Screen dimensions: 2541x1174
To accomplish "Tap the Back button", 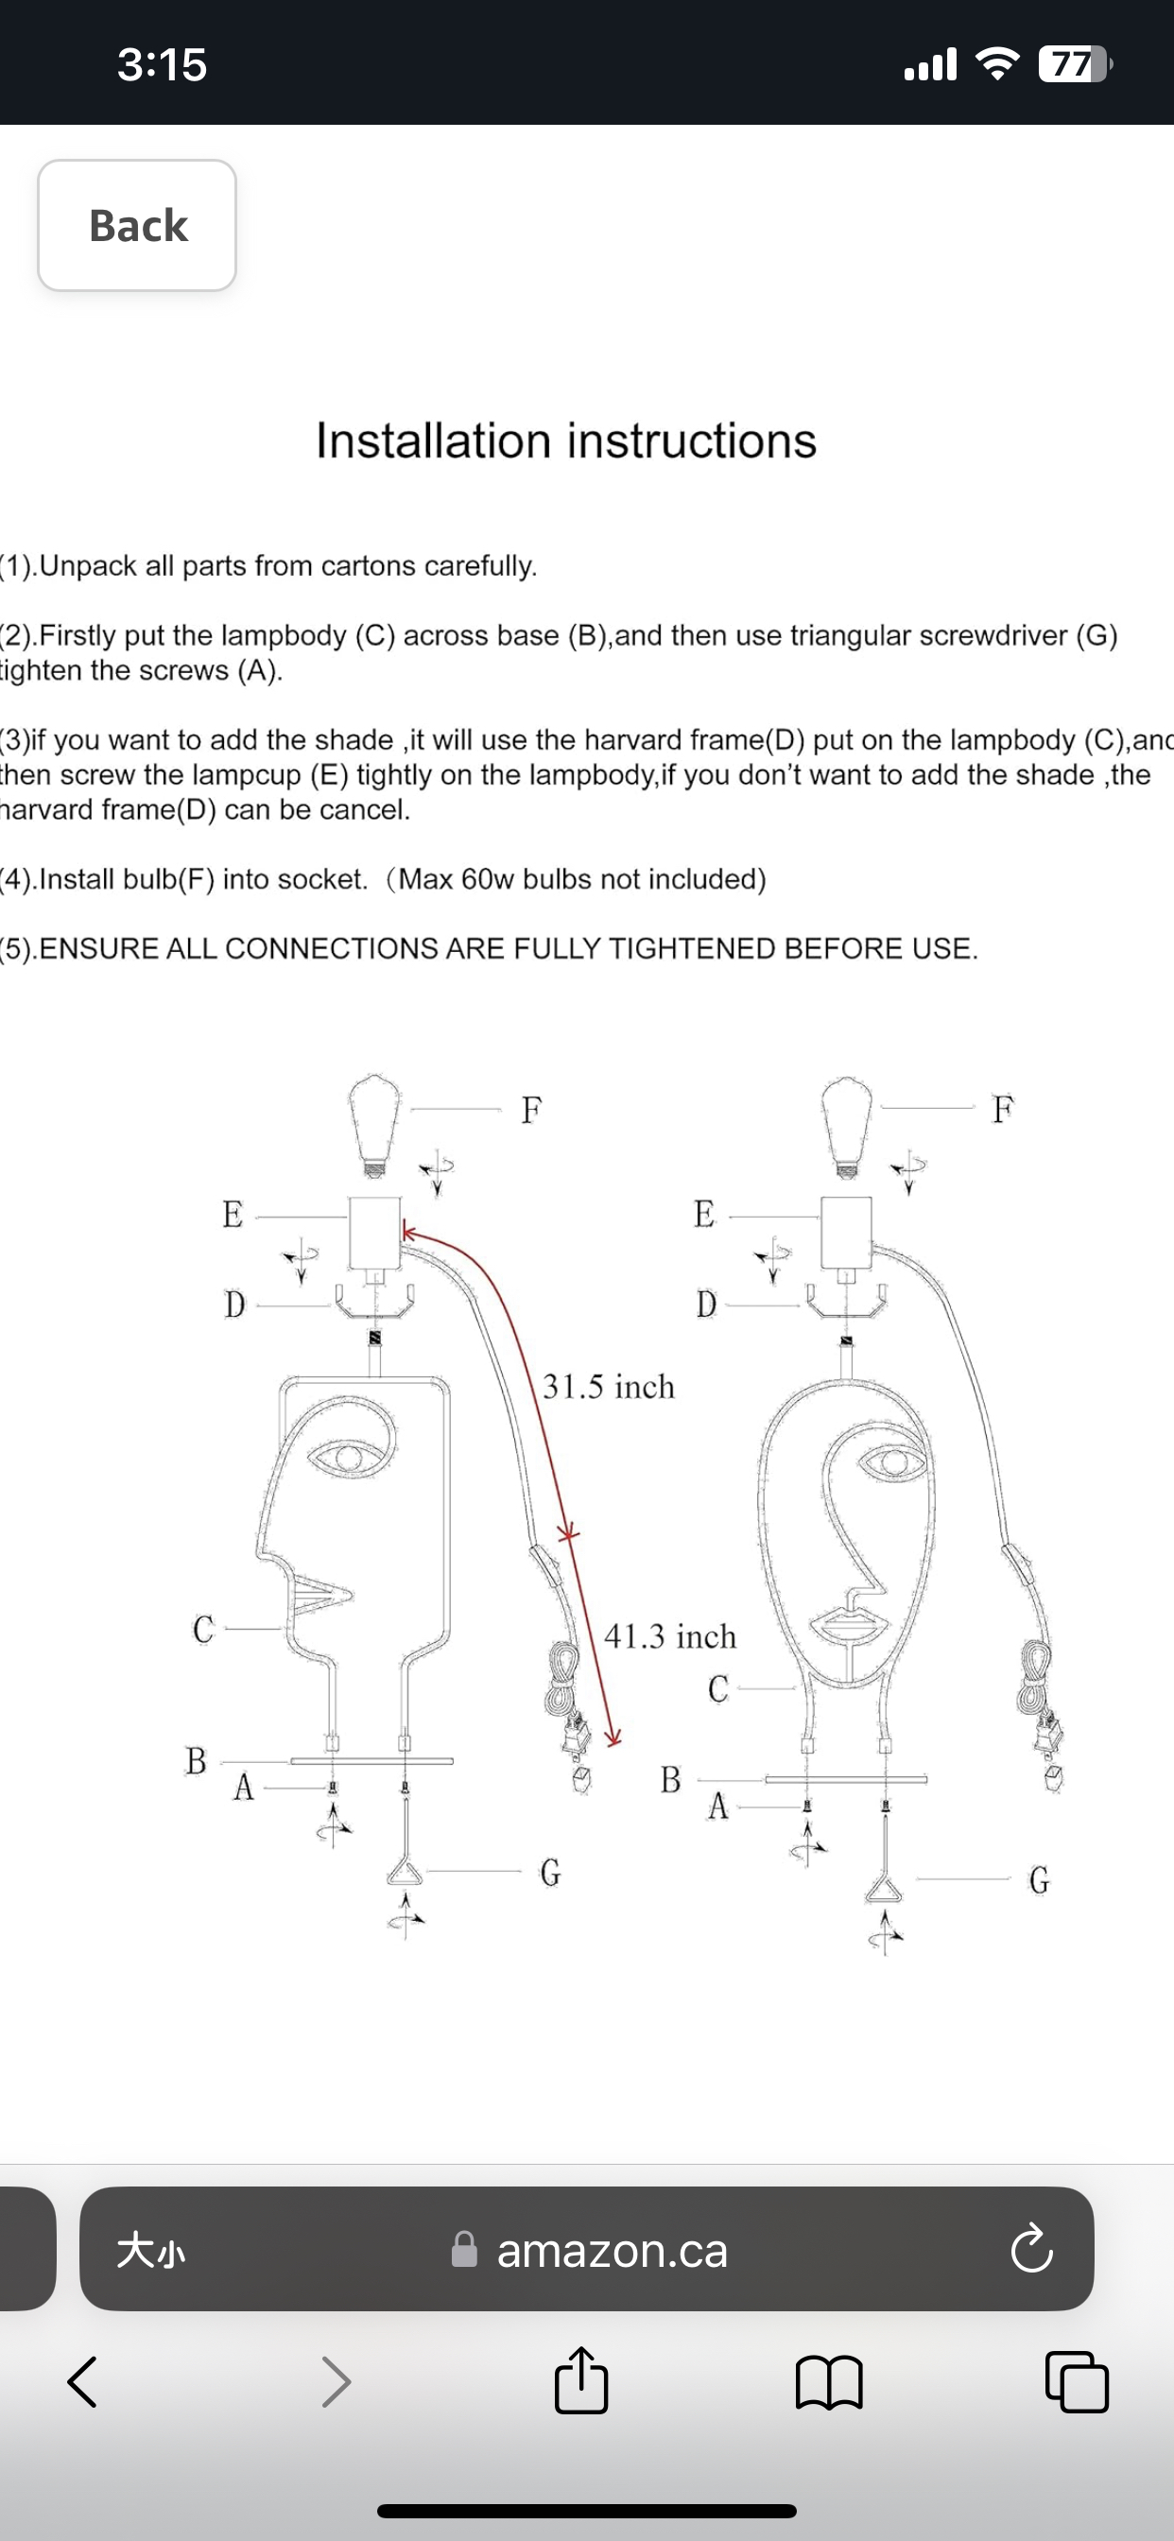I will [x=137, y=225].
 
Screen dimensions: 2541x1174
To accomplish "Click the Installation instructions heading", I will [x=565, y=440].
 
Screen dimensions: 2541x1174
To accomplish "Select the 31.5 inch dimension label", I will [x=609, y=1386].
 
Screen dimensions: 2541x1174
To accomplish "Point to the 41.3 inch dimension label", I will [x=670, y=1636].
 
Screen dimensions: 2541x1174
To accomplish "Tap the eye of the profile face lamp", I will [x=347, y=1456].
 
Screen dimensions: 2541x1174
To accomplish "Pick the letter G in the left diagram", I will [x=550, y=1871].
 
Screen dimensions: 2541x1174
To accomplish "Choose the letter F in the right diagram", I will [x=1002, y=1109].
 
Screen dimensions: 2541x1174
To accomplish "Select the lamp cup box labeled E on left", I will [x=375, y=1232].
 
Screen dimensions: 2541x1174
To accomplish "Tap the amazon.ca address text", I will [x=612, y=2251].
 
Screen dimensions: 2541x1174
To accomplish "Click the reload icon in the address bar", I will [x=1031, y=2251].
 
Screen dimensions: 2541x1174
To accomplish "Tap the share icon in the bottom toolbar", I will [x=581, y=2381].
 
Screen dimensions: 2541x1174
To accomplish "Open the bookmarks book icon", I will [x=829, y=2382].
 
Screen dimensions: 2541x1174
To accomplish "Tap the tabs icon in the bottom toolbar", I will [x=1077, y=2382].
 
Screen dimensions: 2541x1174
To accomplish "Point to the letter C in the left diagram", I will [x=203, y=1629].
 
